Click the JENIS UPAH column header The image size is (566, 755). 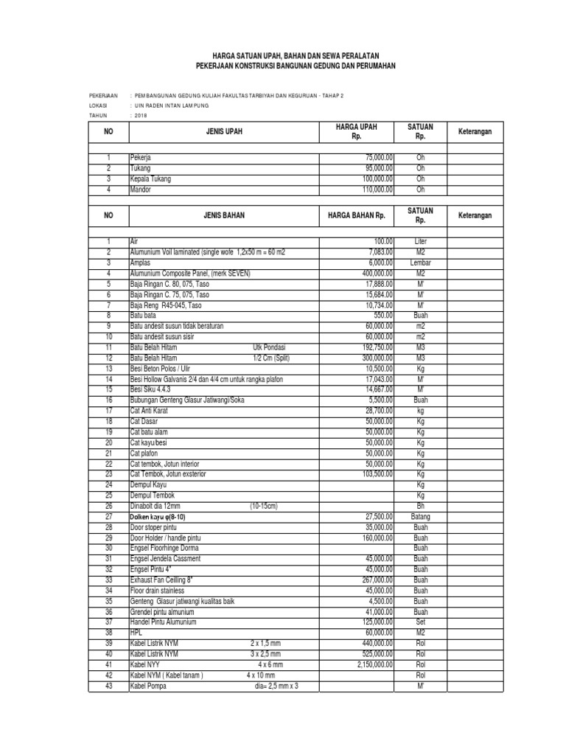click(x=223, y=132)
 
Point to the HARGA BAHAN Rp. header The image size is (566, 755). click(x=357, y=215)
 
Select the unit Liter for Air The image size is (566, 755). click(x=421, y=241)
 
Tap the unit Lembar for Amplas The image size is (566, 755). click(x=421, y=262)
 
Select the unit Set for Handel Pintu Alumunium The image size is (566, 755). click(x=421, y=622)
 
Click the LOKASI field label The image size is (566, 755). click(x=99, y=105)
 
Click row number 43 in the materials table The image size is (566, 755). click(x=108, y=686)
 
